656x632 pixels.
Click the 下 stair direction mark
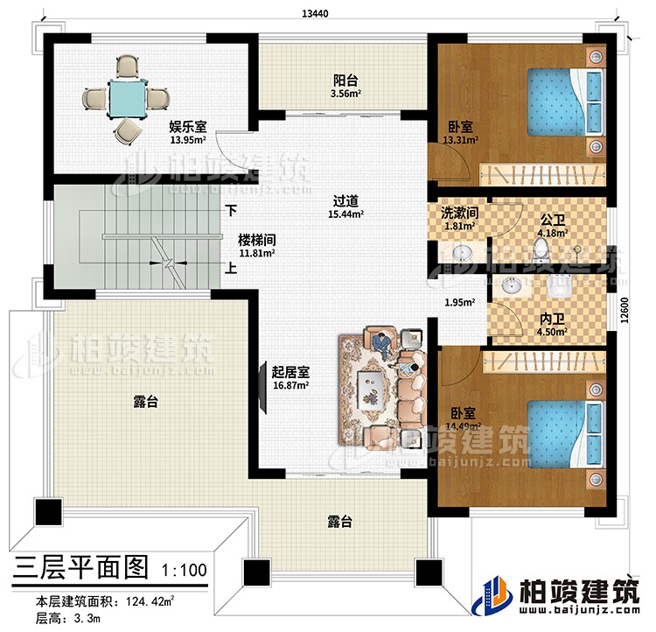pos(232,211)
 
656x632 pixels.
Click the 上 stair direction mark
pos(230,269)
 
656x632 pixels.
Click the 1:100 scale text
pos(185,570)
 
